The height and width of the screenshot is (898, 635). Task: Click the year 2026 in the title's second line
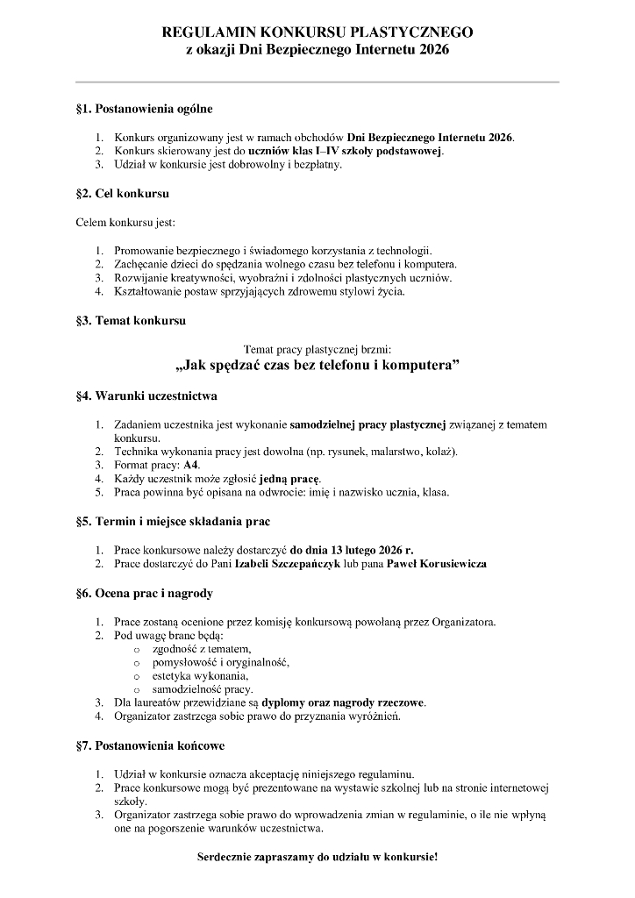click(431, 51)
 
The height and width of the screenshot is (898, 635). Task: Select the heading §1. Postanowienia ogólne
click(145, 110)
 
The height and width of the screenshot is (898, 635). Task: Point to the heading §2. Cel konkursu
click(123, 193)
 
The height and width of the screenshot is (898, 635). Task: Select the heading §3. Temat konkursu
click(132, 321)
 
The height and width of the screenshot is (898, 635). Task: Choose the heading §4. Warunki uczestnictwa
click(147, 396)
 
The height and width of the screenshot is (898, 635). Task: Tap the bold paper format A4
click(191, 465)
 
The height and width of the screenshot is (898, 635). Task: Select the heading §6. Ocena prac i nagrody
click(145, 594)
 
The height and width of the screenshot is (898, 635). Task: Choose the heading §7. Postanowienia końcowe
click(151, 746)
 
